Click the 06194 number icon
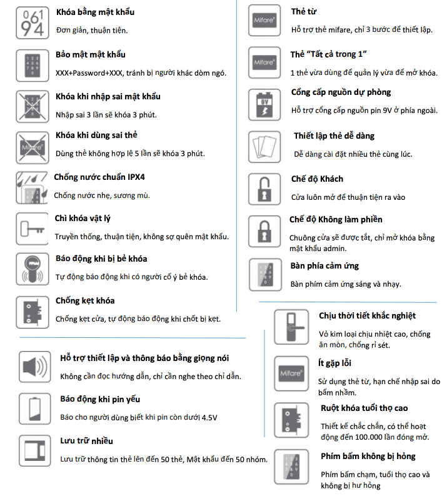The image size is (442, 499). pyautogui.click(x=32, y=23)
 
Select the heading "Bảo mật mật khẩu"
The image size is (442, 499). pyautogui.click(x=91, y=54)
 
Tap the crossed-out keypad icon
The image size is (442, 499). pyautogui.click(x=32, y=107)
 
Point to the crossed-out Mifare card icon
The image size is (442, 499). pyautogui.click(x=32, y=147)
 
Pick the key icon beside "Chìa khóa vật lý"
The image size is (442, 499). pyautogui.click(x=32, y=229)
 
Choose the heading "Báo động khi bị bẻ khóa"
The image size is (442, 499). pyautogui.click(x=101, y=259)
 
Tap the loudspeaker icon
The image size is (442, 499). pyautogui.click(x=35, y=367)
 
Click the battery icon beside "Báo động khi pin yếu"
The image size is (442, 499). pyautogui.click(x=35, y=408)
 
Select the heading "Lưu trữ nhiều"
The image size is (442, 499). pyautogui.click(x=87, y=441)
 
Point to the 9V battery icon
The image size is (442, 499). pyautogui.click(x=264, y=105)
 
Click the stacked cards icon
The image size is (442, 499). pyautogui.click(x=264, y=147)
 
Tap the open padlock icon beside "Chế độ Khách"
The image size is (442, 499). pyautogui.click(x=264, y=189)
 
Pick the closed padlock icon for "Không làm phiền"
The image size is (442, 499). pyautogui.click(x=264, y=231)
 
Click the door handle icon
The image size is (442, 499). pyautogui.click(x=291, y=327)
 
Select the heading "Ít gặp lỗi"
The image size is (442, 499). pyautogui.click(x=334, y=363)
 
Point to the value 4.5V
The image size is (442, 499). pyautogui.click(x=209, y=418)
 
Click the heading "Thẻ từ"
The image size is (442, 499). pyautogui.click(x=304, y=11)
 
